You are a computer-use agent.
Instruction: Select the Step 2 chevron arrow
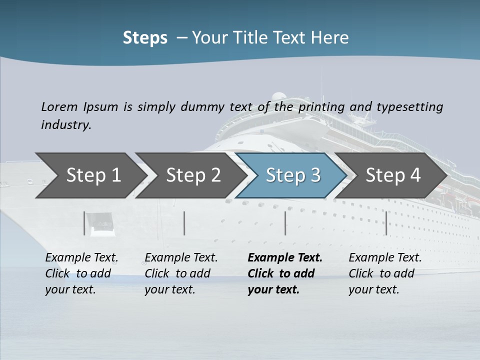click(193, 175)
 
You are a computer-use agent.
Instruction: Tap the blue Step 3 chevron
click(293, 175)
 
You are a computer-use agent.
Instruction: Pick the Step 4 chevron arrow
click(393, 175)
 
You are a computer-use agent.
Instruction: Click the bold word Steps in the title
click(145, 38)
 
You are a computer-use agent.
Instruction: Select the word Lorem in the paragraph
click(59, 107)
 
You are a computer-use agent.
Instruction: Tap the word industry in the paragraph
click(65, 125)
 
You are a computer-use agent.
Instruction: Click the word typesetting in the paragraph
click(409, 107)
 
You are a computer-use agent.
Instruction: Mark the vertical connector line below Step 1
click(84, 223)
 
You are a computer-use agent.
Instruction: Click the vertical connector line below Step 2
click(184, 223)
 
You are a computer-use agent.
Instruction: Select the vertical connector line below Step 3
click(285, 223)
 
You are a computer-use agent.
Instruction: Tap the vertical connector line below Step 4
click(386, 223)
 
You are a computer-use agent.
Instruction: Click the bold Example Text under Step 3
click(285, 258)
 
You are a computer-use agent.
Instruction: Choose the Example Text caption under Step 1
click(81, 258)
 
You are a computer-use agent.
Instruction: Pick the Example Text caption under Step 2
click(181, 258)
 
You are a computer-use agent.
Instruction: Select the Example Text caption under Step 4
click(385, 258)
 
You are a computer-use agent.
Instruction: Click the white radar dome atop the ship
click(278, 97)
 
